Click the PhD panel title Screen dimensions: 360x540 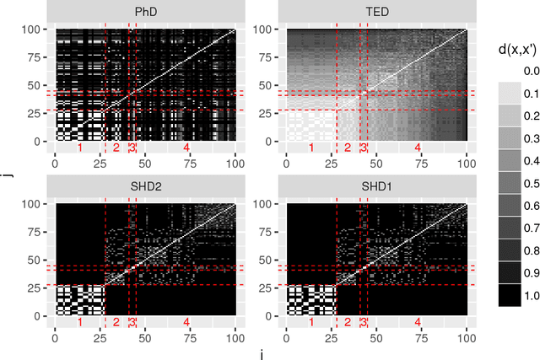pyautogui.click(x=144, y=11)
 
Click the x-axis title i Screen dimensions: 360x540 pyautogui.click(x=261, y=354)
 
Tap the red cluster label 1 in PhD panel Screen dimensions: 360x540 pyautogui.click(x=80, y=148)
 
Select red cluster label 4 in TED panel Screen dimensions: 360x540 pyautogui.click(x=417, y=148)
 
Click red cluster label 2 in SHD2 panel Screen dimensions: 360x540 pyautogui.click(x=116, y=322)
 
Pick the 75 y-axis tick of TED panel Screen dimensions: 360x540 pyautogui.click(x=272, y=57)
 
